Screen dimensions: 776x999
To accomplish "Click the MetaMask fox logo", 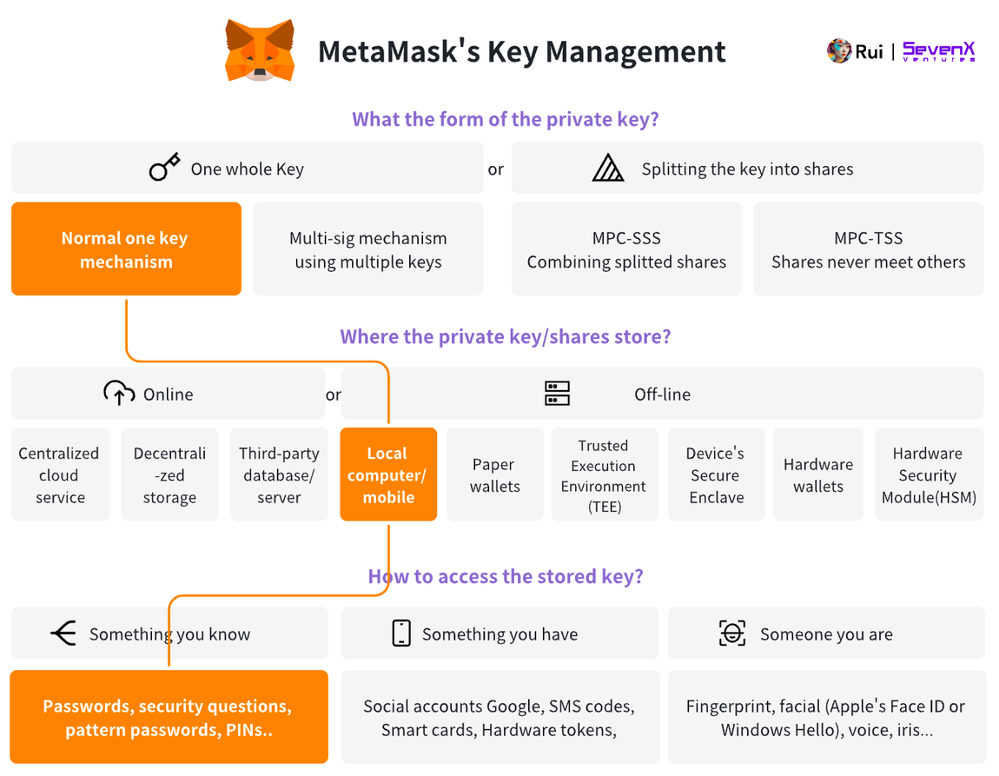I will [x=259, y=50].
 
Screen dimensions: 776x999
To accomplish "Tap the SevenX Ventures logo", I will [x=938, y=51].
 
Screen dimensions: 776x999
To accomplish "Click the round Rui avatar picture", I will [x=838, y=51].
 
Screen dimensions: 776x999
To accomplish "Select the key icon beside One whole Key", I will [x=164, y=168].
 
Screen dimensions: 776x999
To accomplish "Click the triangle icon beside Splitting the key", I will [x=608, y=168].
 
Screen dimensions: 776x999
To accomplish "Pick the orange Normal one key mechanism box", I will [x=126, y=249].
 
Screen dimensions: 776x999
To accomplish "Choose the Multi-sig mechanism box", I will [x=367, y=249].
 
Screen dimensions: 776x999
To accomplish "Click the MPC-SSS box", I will [x=626, y=249].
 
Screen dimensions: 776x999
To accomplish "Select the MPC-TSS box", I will [x=868, y=249].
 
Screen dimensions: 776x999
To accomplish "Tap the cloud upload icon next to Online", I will [x=119, y=394].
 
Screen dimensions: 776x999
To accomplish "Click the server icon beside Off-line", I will [x=557, y=394].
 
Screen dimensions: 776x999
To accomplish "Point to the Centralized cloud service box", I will [x=60, y=474].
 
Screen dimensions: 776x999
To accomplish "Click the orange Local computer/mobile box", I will [x=387, y=474].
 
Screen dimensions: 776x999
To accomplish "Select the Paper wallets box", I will [x=494, y=474].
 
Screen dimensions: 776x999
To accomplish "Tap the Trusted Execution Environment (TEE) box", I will [x=604, y=474].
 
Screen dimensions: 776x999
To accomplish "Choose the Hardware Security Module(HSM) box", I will [x=929, y=474].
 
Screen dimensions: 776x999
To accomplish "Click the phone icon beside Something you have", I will [x=400, y=633].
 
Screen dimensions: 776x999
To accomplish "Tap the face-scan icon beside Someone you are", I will [x=732, y=633].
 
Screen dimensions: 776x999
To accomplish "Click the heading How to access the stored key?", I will [x=506, y=576].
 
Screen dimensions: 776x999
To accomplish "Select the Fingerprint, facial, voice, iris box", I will [x=826, y=717].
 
